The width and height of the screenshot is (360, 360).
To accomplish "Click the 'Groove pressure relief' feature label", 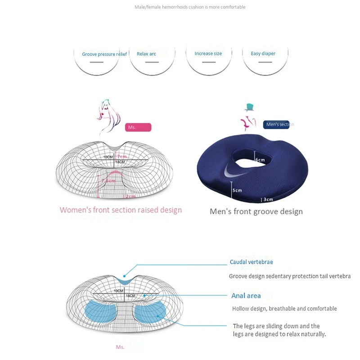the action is [104, 54].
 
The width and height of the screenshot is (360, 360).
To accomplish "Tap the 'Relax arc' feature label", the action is [146, 54].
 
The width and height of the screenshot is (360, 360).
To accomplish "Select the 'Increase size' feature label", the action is [208, 54].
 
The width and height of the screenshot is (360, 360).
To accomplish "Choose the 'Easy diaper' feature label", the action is [263, 54].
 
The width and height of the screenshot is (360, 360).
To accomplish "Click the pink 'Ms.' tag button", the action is [138, 127].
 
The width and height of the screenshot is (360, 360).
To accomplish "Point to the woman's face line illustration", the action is [108, 116].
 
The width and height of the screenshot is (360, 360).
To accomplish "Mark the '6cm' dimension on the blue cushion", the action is [261, 160].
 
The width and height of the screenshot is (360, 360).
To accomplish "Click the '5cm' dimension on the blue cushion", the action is [237, 190].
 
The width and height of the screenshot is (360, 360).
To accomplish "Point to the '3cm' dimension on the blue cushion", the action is [268, 199].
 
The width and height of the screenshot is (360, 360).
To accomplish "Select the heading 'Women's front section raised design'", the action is [121, 210].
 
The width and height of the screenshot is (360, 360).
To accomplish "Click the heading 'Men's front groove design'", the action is [256, 211].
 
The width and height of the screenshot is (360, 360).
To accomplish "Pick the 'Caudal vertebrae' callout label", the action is [251, 262].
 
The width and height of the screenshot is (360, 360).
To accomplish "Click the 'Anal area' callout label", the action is [246, 296].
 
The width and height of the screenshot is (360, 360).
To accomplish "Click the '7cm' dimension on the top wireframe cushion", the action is [122, 157].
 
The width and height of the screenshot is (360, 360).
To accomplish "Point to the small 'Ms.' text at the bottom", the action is [120, 347].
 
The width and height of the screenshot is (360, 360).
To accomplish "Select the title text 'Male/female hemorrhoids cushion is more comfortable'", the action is [190, 7].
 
